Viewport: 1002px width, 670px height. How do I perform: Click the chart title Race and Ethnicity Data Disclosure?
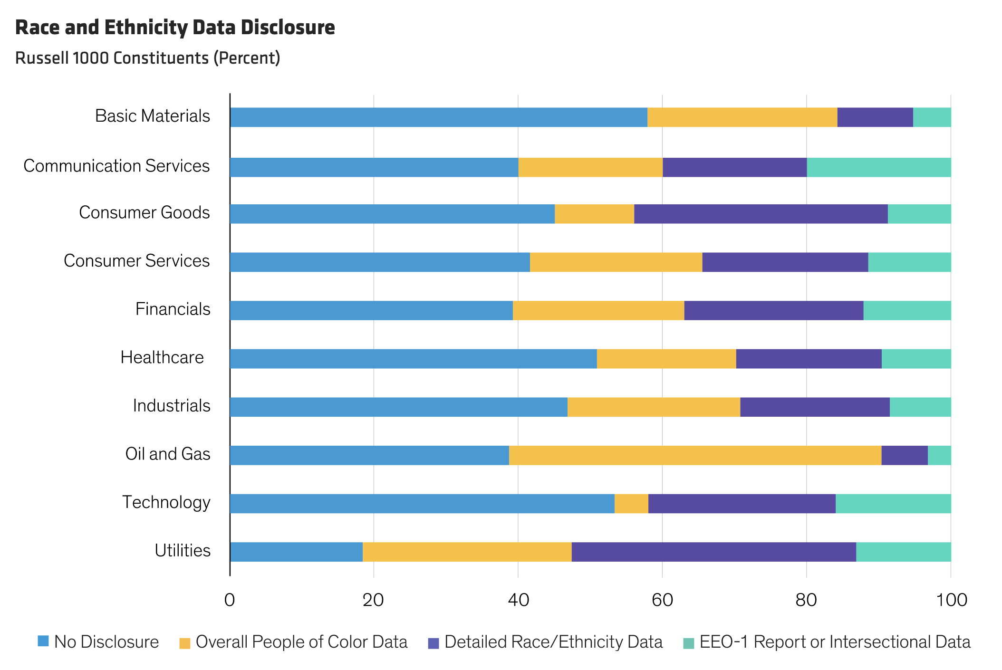click(175, 28)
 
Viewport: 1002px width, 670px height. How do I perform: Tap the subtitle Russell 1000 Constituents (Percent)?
click(147, 58)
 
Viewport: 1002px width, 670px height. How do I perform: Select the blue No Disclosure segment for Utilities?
click(296, 552)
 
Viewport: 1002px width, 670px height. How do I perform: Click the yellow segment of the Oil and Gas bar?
click(695, 455)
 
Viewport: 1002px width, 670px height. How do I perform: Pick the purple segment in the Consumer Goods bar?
click(761, 214)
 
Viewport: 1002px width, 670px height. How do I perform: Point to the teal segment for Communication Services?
click(878, 167)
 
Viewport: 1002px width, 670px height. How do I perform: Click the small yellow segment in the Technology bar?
click(631, 504)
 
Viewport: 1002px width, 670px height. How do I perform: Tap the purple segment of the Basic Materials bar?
click(875, 117)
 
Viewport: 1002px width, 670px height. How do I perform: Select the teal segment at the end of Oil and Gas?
click(939, 455)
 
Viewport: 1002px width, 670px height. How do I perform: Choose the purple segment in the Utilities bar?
click(713, 552)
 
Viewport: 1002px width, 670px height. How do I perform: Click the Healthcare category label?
click(162, 357)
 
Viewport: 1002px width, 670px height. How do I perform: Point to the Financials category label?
click(173, 309)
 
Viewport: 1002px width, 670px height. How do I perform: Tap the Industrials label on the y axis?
click(171, 406)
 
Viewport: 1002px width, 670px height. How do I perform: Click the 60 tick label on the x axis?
click(662, 600)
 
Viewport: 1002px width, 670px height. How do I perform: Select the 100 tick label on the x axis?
click(951, 600)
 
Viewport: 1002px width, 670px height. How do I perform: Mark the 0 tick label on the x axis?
click(230, 600)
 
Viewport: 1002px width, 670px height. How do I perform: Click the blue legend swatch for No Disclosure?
click(43, 641)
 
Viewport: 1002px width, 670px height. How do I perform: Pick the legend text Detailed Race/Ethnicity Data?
click(553, 642)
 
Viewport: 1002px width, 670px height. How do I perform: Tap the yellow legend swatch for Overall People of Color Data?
click(185, 643)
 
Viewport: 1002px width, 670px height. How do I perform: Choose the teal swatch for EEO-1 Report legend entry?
click(688, 643)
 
